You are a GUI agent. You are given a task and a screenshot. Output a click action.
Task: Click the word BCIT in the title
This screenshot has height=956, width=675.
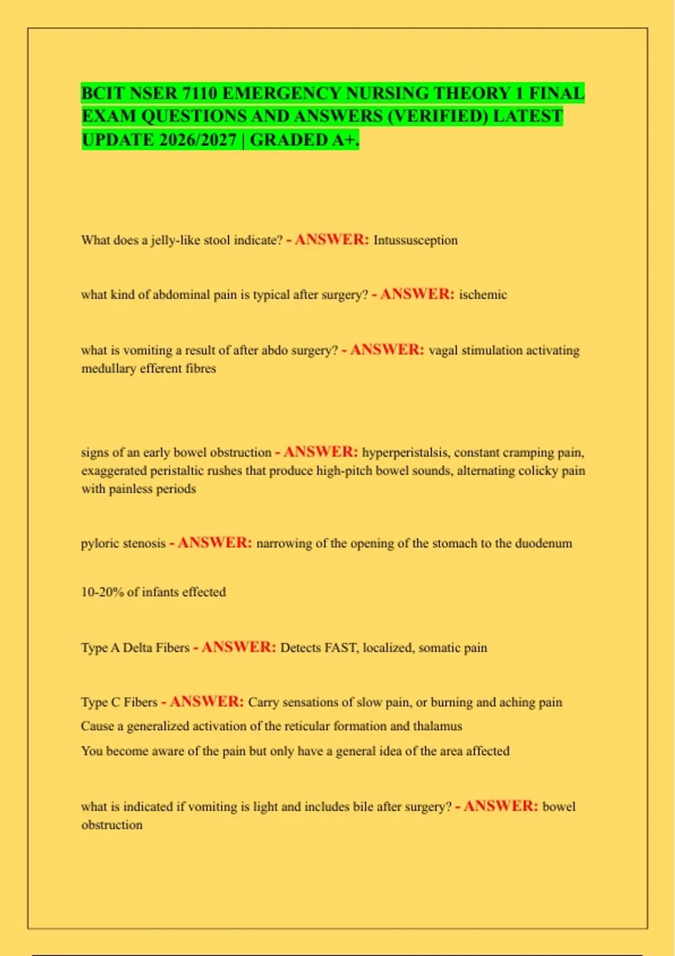(x=102, y=93)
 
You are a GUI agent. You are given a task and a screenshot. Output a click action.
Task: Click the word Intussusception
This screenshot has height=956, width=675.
(x=415, y=240)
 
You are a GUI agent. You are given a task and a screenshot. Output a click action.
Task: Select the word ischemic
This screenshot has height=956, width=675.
(x=483, y=295)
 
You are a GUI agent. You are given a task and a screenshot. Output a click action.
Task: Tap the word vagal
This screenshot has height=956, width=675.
(x=443, y=350)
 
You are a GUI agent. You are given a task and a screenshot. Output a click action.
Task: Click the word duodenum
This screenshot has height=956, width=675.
(x=543, y=543)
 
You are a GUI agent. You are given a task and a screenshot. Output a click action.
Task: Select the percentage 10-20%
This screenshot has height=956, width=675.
(x=102, y=592)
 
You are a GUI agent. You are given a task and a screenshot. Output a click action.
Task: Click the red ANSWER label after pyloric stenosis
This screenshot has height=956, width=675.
(x=214, y=543)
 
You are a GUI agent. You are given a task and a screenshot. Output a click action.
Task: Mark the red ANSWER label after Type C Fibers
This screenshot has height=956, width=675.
(x=206, y=702)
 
